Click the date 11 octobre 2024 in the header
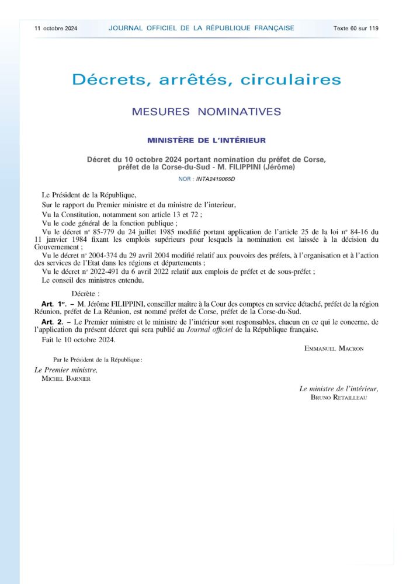[x=56, y=28]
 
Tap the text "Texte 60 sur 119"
[x=356, y=28]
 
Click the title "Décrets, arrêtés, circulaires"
[x=206, y=79]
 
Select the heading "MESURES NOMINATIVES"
[x=206, y=111]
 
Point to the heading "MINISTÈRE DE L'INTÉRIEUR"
[x=206, y=140]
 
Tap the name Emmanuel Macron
[x=334, y=349]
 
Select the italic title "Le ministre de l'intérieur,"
[x=339, y=388]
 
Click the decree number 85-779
[x=93, y=231]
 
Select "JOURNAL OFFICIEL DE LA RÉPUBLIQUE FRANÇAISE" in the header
[x=201, y=28]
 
